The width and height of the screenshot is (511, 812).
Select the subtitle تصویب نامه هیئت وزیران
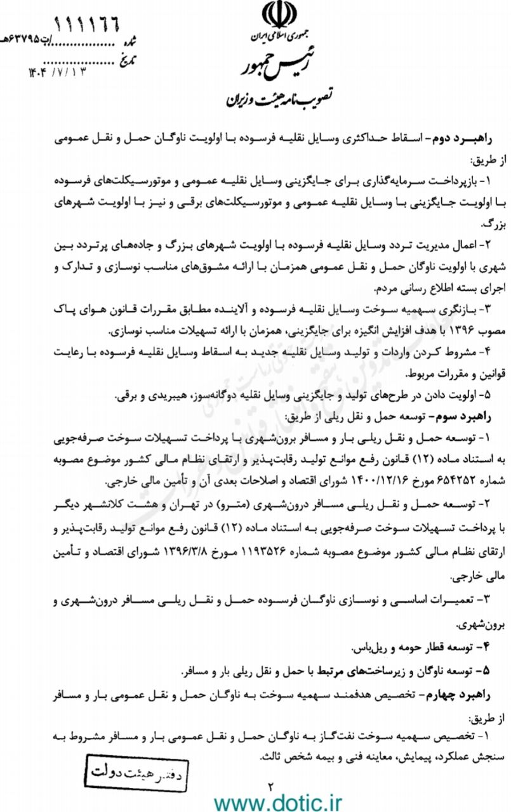point(275,100)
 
